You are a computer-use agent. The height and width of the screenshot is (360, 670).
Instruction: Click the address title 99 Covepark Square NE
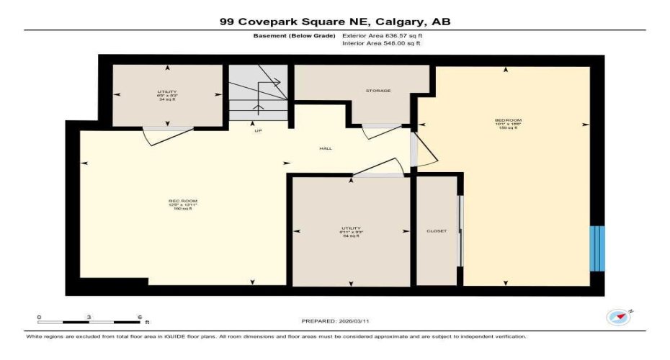pos(335,22)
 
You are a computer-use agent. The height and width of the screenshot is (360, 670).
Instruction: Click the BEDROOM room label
pos(508,120)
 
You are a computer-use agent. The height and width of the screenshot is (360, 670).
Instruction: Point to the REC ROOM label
pos(183,201)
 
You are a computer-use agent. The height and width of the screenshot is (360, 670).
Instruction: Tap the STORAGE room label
pos(378,91)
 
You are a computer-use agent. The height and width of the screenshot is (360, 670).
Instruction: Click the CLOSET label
pos(437,231)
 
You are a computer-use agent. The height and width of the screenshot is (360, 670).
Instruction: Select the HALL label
pos(326,149)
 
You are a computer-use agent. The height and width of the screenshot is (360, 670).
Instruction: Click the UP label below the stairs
pos(257,131)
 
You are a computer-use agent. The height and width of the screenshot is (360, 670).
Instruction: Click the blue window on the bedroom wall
pos(597,248)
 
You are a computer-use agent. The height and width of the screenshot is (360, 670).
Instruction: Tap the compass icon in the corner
pos(619,317)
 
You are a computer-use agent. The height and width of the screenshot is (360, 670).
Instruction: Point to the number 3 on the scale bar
pos(89,317)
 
